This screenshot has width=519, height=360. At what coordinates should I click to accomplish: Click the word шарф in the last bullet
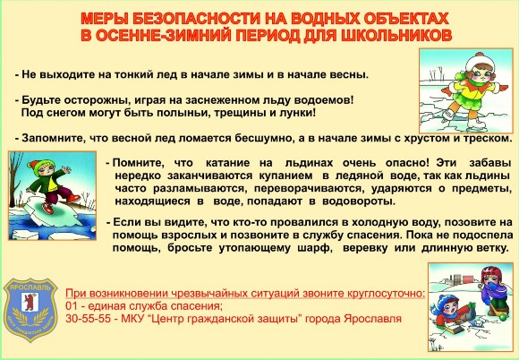pos(315,248)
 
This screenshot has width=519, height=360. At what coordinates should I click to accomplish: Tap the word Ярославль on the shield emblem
pos(30,287)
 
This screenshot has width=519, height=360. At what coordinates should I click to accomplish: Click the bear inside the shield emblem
pos(30,302)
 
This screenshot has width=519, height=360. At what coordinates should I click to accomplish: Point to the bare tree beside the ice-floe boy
pos(15,179)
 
